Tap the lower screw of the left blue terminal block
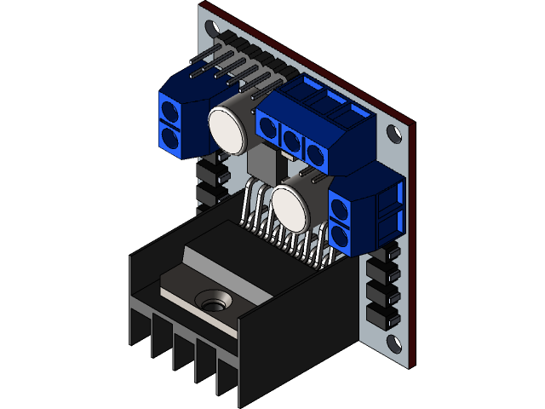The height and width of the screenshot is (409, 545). [170, 136]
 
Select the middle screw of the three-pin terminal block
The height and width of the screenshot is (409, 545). [292, 141]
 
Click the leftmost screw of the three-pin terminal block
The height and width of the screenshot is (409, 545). [269, 130]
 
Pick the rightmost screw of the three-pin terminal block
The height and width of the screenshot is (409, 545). [316, 154]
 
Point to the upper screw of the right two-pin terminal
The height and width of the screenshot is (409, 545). [340, 207]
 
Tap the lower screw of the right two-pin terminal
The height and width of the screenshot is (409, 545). [341, 234]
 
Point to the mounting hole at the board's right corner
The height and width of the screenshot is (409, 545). [393, 134]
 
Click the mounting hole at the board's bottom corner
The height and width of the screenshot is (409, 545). [394, 343]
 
